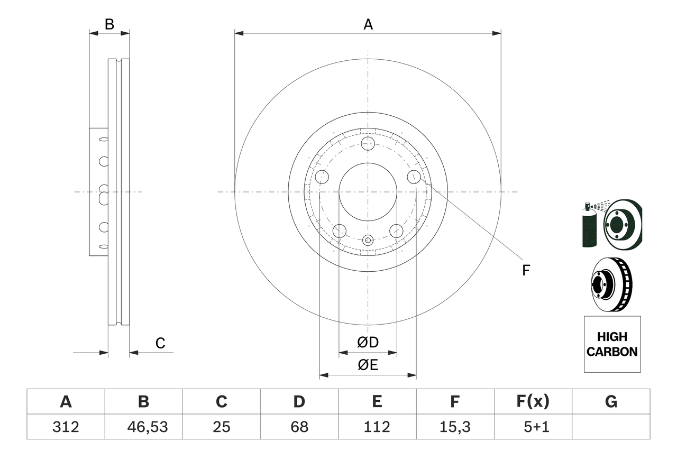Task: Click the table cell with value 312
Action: coord(66,427)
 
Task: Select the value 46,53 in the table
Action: coord(143,427)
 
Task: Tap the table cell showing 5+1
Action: coord(533,427)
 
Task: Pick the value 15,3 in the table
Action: coord(455,427)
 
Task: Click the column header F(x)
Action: coord(533,402)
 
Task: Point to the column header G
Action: coord(611,402)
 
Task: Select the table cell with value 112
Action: coord(377,427)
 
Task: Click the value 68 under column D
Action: coord(299,427)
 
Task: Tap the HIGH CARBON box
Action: coord(612,344)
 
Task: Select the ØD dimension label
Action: coord(368,343)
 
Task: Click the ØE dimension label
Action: coord(368,365)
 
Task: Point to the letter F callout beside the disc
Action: coord(525,271)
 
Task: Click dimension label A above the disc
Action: coord(368,24)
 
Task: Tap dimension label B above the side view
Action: coord(109,24)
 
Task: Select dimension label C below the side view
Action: coord(160,344)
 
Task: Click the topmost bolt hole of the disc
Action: coord(368,143)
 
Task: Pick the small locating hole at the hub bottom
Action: coord(368,240)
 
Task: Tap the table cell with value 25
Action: coord(221,427)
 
